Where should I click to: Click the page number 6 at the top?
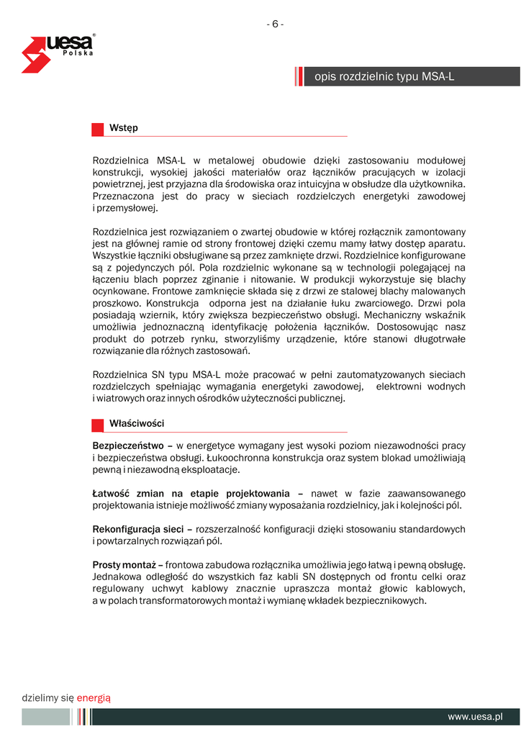coord(275,24)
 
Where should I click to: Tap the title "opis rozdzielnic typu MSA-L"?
coord(384,76)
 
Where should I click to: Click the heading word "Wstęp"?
coord(124,128)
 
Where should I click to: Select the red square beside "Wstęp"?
coord(98,129)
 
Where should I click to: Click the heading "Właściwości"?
coord(137,424)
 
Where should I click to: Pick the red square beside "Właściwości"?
coord(98,425)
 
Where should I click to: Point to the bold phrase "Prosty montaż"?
coord(123,565)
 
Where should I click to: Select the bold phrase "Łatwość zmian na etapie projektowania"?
coord(191,494)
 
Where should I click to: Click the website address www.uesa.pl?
coord(474,717)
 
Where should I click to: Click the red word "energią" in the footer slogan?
coord(94,697)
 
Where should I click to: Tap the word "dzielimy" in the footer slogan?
coord(40,697)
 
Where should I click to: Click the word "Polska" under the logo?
coord(77,54)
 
